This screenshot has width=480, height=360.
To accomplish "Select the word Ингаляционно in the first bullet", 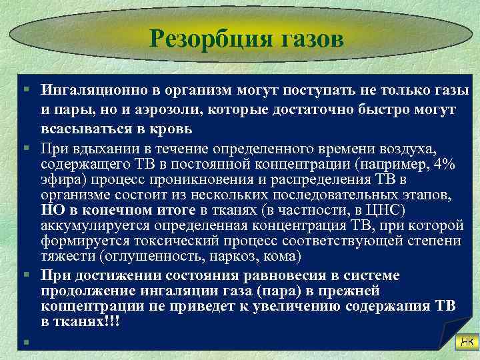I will tap(90, 90).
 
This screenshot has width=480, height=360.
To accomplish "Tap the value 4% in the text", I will tap(443, 165).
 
